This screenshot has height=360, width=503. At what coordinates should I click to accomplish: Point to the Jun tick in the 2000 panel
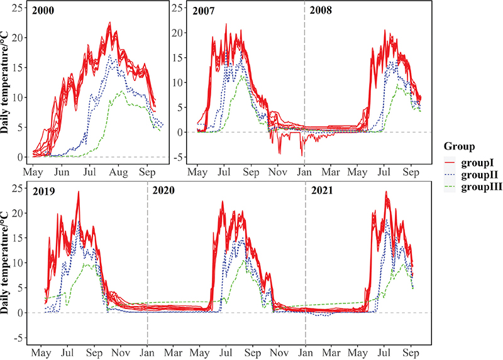point(62,171)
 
